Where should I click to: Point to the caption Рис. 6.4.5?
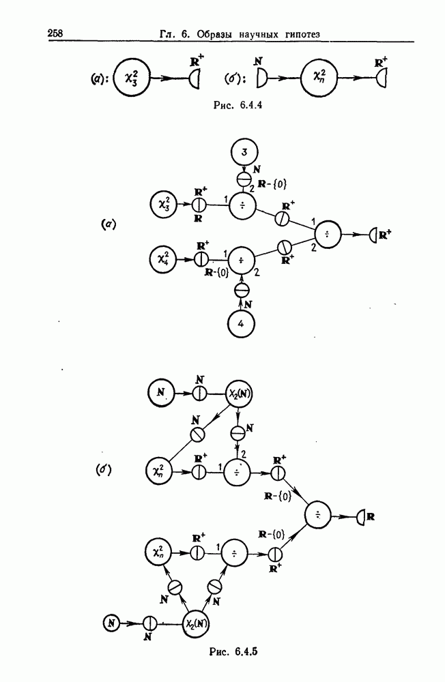click(235, 651)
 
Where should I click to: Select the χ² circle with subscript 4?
click(163, 260)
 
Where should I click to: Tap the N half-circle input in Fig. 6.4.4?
click(261, 80)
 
